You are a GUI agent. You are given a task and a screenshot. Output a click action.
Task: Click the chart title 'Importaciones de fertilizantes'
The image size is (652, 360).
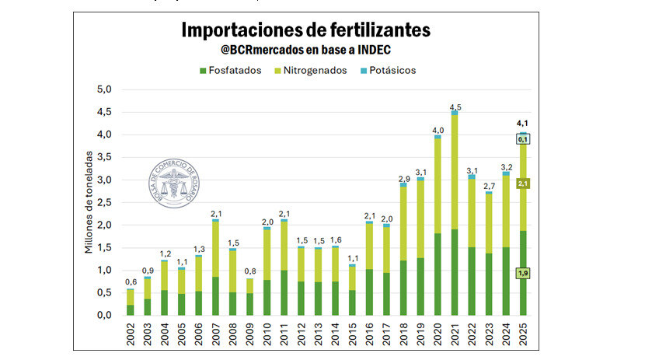tap(305, 30)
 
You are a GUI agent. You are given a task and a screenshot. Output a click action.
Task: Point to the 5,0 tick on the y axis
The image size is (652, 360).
tap(103, 89)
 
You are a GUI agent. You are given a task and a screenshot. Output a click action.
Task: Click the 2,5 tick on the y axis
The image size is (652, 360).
tap(103, 202)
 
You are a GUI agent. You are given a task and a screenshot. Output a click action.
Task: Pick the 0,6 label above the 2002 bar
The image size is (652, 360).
tap(131, 281)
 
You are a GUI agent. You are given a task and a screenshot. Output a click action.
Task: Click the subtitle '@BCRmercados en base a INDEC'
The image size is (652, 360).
tap(305, 51)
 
